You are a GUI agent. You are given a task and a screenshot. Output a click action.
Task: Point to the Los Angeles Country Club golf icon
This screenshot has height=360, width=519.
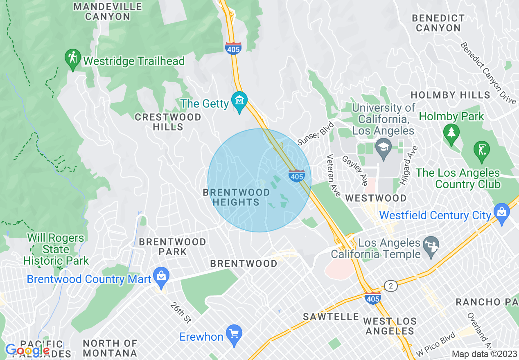[481, 150]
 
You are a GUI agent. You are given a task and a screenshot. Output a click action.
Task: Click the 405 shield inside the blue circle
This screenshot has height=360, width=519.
[296, 175]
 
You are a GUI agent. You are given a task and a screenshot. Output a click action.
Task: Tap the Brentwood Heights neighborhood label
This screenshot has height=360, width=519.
[236, 197]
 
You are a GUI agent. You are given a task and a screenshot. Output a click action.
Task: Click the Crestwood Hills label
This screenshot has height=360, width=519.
[168, 122]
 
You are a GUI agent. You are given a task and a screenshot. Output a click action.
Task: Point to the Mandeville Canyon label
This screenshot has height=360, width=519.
[107, 11]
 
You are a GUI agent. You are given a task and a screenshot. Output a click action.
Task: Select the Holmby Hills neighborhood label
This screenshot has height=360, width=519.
[450, 95]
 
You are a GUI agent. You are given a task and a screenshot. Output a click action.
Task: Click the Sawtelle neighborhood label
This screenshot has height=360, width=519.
[331, 317]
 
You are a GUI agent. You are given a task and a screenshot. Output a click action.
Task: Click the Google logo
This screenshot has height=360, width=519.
[27, 350]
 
